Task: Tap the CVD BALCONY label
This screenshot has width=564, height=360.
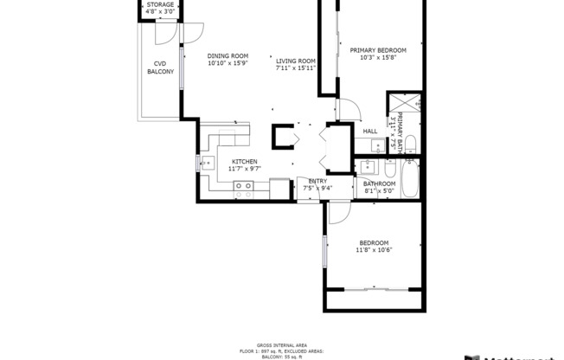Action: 159,67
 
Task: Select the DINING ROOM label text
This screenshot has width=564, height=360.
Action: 228,56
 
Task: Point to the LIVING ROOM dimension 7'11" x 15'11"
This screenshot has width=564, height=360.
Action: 295,68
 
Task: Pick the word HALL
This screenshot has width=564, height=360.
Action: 369,132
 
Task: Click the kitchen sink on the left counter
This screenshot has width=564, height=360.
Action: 208,162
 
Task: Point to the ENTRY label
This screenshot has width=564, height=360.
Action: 317,181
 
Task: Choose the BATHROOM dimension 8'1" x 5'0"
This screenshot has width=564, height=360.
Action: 379,191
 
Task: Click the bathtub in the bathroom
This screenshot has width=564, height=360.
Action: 411,177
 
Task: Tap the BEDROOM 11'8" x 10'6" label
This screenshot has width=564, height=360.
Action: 374,247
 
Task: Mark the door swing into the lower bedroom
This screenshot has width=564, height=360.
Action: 339,213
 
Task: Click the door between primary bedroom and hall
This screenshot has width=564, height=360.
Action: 347,110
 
